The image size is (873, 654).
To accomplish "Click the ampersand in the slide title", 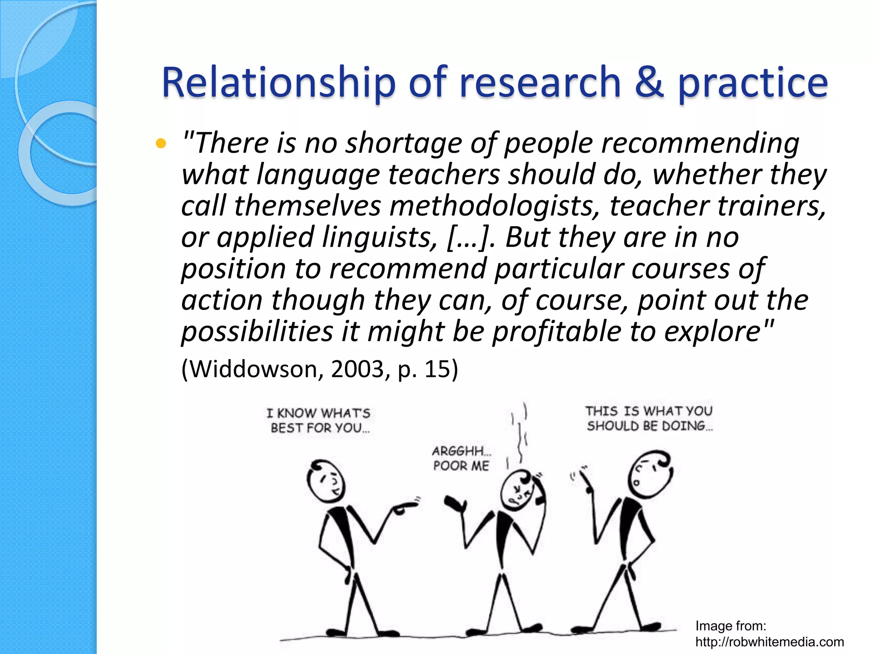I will (649, 82).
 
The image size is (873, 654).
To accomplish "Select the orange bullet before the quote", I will (161, 144).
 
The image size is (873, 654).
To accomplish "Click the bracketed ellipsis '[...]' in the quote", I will (469, 238).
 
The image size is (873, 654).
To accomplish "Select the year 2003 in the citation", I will (357, 369).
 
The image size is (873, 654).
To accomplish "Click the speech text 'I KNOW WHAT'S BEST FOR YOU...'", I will (319, 420).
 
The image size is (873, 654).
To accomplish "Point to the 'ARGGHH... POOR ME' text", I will (462, 459).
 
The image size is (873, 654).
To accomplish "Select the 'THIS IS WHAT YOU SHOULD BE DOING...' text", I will (649, 419).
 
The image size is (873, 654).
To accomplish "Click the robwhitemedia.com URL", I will (769, 642).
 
